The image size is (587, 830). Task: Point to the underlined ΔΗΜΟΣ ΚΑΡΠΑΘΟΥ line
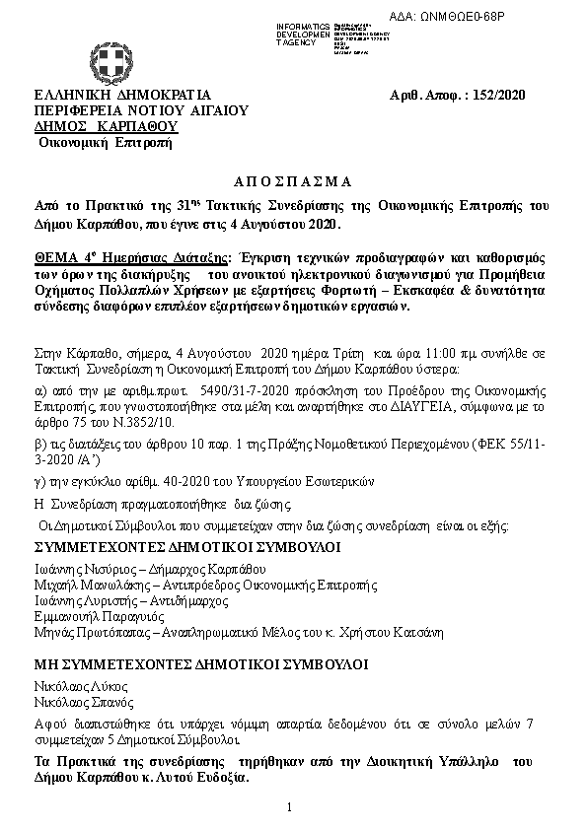tap(106, 126)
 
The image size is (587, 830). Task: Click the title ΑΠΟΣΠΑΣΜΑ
tap(292, 182)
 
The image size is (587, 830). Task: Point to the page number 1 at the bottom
tap(291, 807)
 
